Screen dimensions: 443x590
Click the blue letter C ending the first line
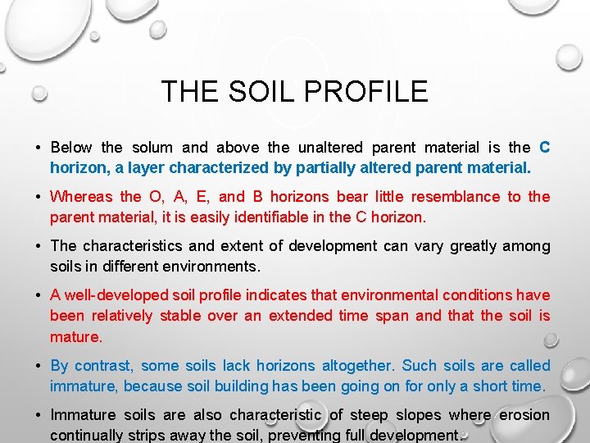tap(545, 148)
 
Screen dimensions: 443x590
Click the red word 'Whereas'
tap(80, 197)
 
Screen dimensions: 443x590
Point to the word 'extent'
tap(246, 246)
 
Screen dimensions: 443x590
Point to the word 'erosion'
tap(524, 415)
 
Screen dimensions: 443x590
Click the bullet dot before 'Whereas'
tap(39, 197)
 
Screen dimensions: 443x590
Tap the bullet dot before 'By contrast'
tap(39, 366)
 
